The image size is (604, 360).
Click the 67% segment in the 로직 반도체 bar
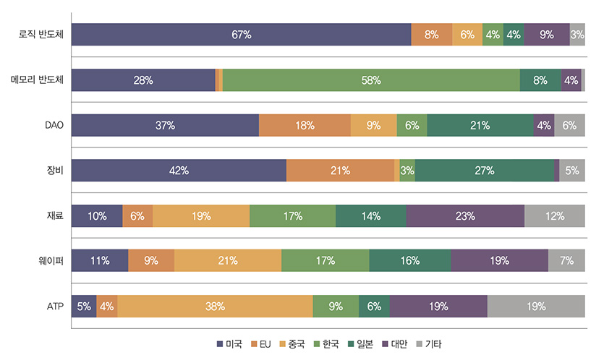click(x=242, y=35)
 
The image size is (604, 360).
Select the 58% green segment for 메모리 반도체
click(x=371, y=80)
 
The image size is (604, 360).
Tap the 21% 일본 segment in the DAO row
click(x=480, y=125)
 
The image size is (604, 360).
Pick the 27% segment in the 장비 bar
click(x=484, y=171)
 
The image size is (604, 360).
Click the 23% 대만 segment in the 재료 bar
click(x=465, y=215)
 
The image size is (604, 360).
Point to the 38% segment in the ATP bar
click(x=215, y=306)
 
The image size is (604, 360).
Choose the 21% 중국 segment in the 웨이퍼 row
click(x=228, y=261)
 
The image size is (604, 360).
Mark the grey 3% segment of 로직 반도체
click(x=577, y=35)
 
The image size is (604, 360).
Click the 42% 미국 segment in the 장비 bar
click(x=179, y=171)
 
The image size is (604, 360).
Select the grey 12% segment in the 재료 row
click(x=555, y=215)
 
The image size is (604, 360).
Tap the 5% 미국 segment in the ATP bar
click(x=84, y=306)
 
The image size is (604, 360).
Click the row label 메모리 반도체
click(x=38, y=80)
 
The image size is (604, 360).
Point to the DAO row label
click(x=54, y=125)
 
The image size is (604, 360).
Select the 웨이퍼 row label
click(x=54, y=261)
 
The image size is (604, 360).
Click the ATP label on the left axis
click(x=56, y=306)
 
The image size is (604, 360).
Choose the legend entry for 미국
click(x=229, y=344)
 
